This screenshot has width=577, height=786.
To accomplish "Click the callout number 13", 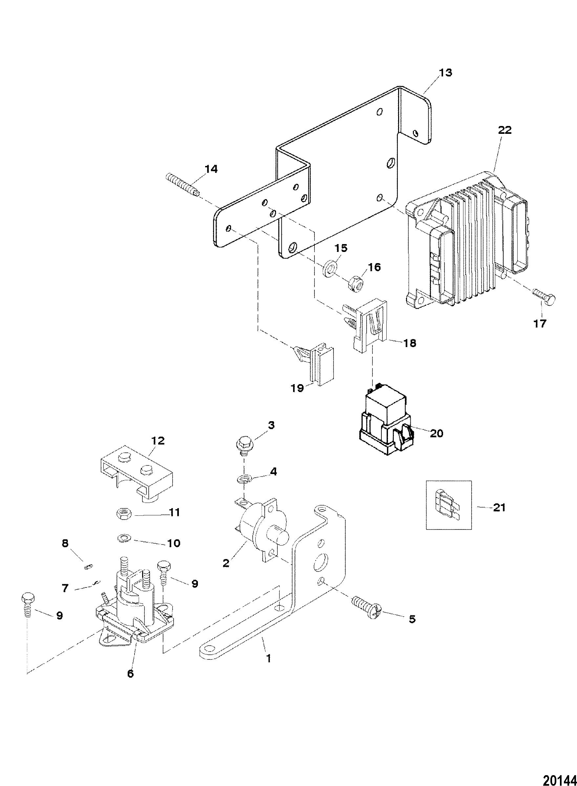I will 445,72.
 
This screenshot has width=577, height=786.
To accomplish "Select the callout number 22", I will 505,130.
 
